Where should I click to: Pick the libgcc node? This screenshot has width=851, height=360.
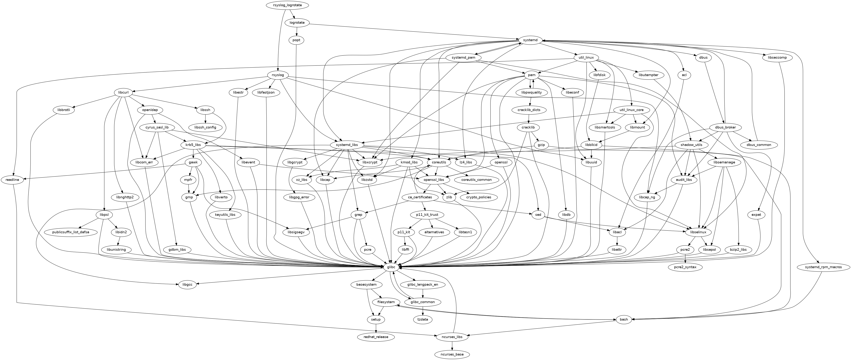tap(187, 284)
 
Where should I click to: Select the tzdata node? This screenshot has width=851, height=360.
tap(422, 319)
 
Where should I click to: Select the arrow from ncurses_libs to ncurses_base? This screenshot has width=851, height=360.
tap(452, 346)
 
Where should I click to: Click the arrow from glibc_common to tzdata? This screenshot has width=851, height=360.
tap(422, 311)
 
